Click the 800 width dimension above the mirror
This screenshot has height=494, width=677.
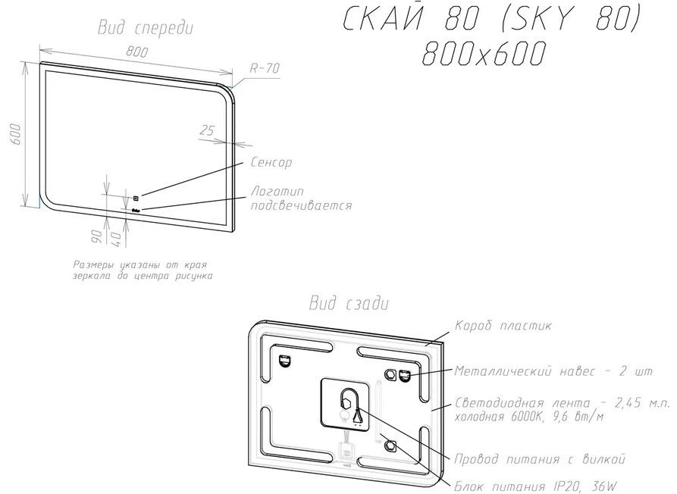[136, 52]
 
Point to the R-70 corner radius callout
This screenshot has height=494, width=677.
[265, 68]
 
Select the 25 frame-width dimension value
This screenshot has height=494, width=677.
[205, 130]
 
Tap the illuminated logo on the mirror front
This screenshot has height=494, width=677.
[136, 210]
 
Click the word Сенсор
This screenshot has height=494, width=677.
[271, 162]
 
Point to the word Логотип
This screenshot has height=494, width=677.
[275, 192]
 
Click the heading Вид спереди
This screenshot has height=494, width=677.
[146, 28]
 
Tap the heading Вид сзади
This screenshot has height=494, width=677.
[349, 304]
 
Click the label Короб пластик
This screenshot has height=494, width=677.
[503, 326]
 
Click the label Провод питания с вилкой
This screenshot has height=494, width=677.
[538, 458]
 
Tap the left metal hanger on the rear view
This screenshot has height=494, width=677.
[285, 361]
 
